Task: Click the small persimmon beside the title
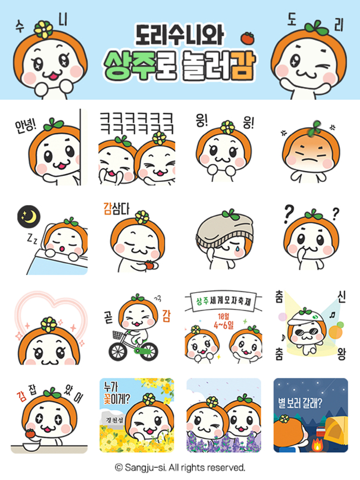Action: pyautogui.click(x=247, y=38)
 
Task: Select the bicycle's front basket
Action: pyautogui.click(x=118, y=335)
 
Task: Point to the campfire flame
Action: pyautogui.click(x=317, y=444)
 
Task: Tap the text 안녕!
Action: pyautogui.click(x=26, y=125)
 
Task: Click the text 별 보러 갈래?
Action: pyautogui.click(x=300, y=403)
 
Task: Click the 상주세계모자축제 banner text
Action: pyautogui.click(x=224, y=301)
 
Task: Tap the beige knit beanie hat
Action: pyautogui.click(x=225, y=231)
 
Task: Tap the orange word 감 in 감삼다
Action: pyautogui.click(x=107, y=209)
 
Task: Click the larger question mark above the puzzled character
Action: pyautogui.click(x=289, y=214)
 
